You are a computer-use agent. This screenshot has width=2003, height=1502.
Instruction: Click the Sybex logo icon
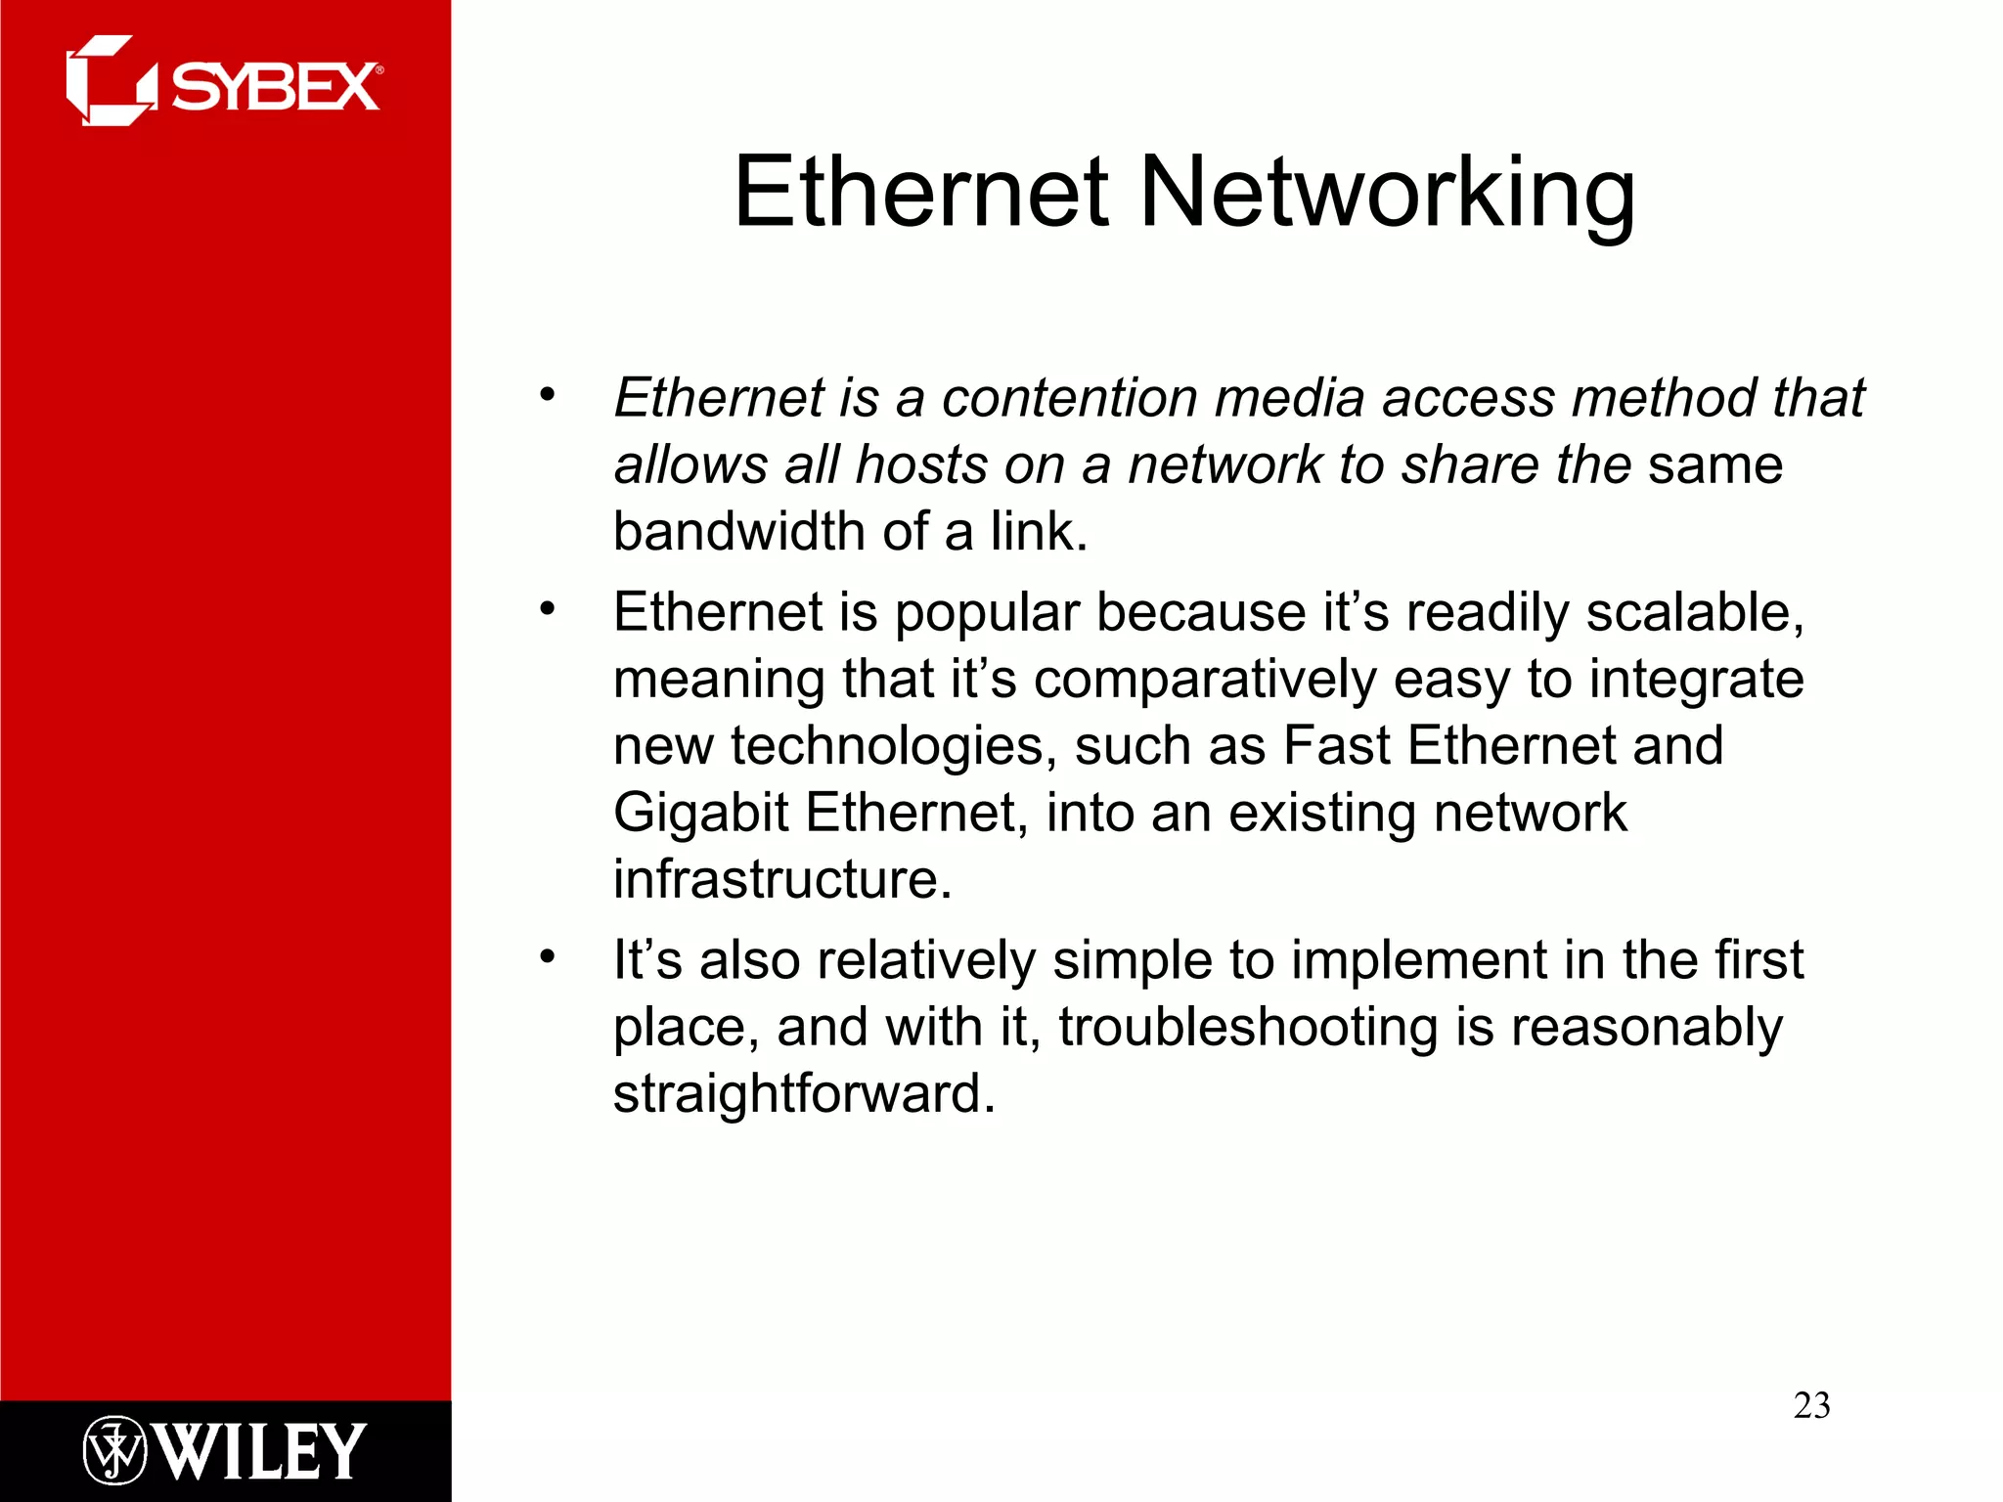tap(110, 81)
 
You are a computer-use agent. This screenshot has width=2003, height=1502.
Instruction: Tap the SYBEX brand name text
tap(275, 87)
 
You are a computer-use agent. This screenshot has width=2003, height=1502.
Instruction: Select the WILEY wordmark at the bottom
tap(261, 1451)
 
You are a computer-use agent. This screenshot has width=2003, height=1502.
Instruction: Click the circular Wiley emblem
tap(114, 1451)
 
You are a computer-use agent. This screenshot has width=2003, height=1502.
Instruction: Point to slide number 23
tap(1811, 1405)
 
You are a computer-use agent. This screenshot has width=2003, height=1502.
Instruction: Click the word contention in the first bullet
tap(1069, 398)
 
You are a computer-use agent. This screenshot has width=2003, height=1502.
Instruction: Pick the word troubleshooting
tap(1248, 1028)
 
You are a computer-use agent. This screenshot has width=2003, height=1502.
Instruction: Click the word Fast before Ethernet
tap(1336, 746)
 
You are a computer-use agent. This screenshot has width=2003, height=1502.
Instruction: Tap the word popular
tap(987, 613)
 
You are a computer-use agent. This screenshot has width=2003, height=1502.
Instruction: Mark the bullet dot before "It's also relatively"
tap(547, 955)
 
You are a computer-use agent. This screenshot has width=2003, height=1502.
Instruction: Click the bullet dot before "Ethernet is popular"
tap(547, 608)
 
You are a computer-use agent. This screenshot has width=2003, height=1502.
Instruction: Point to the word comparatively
tap(1205, 680)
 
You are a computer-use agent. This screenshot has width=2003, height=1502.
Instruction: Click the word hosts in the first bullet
tap(920, 464)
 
